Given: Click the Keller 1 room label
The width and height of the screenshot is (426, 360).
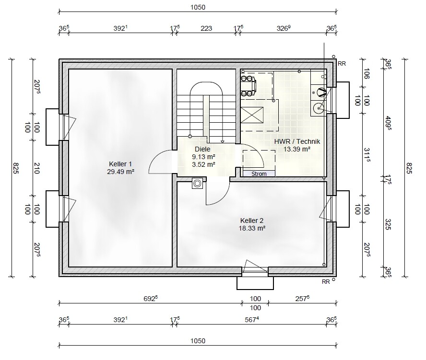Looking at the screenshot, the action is pos(120,164).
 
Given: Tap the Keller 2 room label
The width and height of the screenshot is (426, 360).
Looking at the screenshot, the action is pos(252,221).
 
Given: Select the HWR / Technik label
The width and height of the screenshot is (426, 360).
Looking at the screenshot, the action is pos(297,141).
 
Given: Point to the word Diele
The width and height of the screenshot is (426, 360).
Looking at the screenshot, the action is pos(202,149).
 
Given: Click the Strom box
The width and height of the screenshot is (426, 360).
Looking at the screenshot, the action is pos(259,174).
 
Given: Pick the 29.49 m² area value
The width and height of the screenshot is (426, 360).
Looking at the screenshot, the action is pos(120,172).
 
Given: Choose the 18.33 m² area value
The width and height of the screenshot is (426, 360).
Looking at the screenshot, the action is pos(252,228).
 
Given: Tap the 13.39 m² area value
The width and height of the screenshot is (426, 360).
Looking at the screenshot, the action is pos(297,149).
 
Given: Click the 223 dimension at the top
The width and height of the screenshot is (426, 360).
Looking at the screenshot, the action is pos(206,28).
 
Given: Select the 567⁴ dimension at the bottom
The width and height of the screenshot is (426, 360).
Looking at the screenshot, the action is pos(251,320).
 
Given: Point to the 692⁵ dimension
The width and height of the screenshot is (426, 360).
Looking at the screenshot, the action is pos(151,299).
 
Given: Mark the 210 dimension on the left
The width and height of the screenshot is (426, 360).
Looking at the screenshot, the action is pos(36,168).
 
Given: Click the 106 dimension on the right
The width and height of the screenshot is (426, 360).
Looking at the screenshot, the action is pos(366,73).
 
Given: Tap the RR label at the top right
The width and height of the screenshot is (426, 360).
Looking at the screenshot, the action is pos(342,64).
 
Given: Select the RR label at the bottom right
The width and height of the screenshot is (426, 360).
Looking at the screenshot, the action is pos(326,282).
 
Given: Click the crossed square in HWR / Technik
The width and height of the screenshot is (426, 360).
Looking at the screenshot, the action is pos(252,115).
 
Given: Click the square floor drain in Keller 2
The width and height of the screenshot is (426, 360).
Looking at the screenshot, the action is pos(197,183).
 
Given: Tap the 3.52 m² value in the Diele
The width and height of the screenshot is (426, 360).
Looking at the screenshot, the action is pos(203,164).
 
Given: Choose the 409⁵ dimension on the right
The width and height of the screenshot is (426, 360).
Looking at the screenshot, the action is pos(388,123).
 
